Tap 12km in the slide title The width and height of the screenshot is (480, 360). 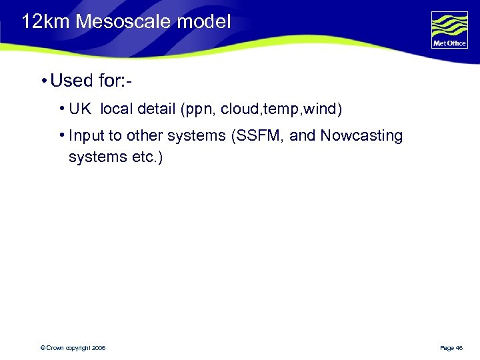point(46,22)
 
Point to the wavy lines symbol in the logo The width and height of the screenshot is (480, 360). point(449,26)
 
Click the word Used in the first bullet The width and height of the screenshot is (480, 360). point(71,81)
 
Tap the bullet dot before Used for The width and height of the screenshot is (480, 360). point(42,81)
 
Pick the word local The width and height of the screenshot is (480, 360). point(117,109)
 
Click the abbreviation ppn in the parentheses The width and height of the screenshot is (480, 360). point(199,109)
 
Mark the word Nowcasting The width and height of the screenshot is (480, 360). point(361,136)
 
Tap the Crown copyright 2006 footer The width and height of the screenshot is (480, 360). point(73,348)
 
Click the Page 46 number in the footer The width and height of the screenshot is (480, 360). point(451,348)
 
